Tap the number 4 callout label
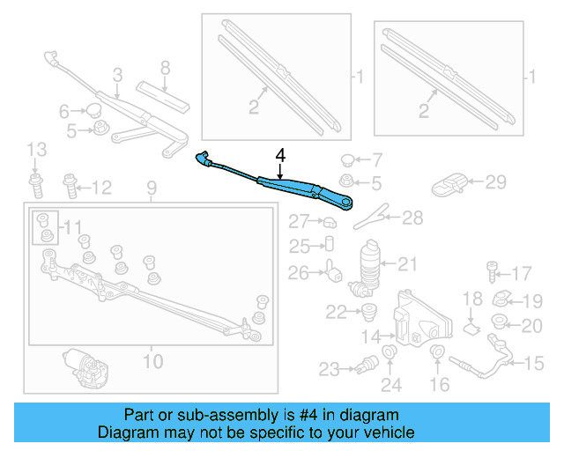pyautogui.click(x=280, y=155)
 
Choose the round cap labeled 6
pyautogui.click(x=92, y=111)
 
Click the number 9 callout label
pyautogui.click(x=150, y=188)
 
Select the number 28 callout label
pyautogui.click(x=412, y=218)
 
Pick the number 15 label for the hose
pyautogui.click(x=536, y=362)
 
